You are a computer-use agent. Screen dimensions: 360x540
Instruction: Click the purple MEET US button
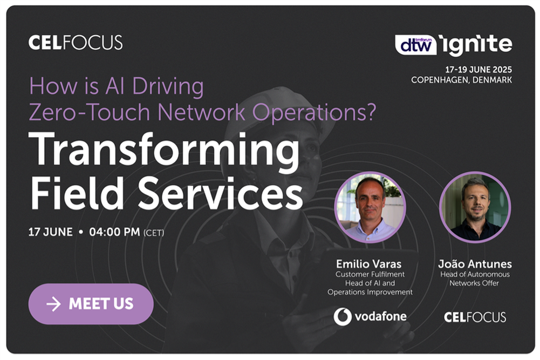[x=91, y=304]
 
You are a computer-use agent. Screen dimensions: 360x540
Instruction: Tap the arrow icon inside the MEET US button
[x=53, y=304]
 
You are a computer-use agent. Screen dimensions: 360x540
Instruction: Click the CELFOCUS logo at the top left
[x=76, y=43]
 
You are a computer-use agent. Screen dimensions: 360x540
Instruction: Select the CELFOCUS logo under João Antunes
[x=475, y=317]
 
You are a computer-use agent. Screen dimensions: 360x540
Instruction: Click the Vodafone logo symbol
[x=343, y=317]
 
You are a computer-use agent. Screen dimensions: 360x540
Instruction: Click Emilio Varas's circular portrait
[x=370, y=208]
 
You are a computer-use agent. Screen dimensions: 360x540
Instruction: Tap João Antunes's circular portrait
[x=475, y=208]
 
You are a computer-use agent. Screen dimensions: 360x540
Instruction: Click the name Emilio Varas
[x=369, y=264]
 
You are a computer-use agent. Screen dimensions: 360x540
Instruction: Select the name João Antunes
[x=475, y=264]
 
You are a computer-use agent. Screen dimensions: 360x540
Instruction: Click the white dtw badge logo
[x=415, y=45]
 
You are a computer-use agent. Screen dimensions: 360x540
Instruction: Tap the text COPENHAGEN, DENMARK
[x=461, y=80]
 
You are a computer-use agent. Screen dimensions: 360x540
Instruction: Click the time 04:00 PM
[x=114, y=233]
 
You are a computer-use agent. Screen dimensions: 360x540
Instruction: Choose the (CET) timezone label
[x=154, y=233]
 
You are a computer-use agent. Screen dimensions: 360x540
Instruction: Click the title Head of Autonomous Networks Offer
[x=474, y=279]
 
